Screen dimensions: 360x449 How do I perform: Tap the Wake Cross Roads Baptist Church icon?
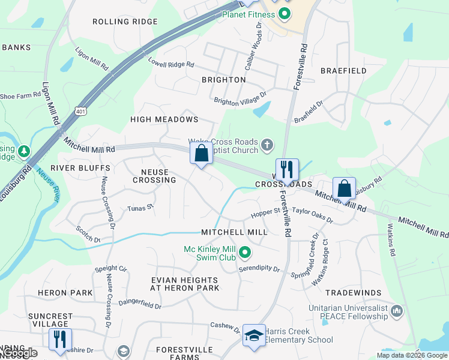coord(267,145)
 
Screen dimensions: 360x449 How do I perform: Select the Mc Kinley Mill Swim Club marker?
coord(244,253)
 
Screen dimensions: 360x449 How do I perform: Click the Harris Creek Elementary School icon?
coord(254,336)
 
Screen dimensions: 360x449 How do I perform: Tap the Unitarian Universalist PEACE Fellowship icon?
coord(396,311)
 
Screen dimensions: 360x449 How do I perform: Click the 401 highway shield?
coord(81,110)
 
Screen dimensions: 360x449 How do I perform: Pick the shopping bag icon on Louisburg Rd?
coord(345,188)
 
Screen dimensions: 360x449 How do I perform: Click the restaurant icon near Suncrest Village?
coord(60,339)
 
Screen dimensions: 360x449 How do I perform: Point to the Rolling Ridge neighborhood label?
coord(125,22)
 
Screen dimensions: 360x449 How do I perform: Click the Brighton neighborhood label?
coord(223,80)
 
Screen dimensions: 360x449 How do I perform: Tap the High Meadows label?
coord(164,119)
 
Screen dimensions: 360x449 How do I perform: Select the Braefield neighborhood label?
coord(343,71)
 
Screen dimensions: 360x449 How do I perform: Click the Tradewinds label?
coord(353,293)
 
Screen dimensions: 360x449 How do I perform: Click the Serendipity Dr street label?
coord(260,269)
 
